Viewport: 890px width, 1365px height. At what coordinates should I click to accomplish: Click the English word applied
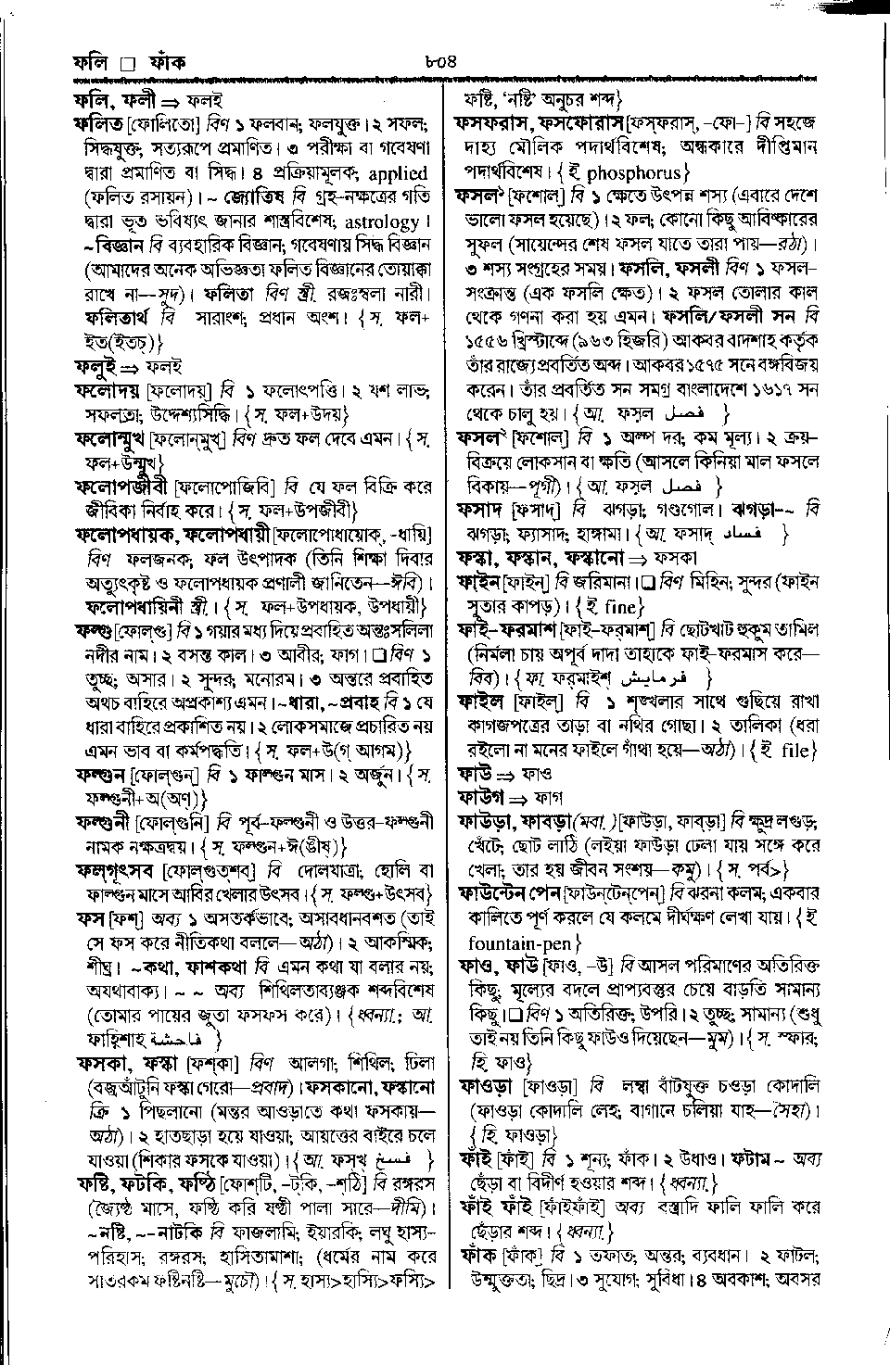coord(398,173)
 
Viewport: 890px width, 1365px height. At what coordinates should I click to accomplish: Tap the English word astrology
coord(382,222)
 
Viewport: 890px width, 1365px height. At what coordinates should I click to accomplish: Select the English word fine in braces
coord(634,607)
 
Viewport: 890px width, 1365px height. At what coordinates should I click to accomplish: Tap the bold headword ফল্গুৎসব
coord(117,870)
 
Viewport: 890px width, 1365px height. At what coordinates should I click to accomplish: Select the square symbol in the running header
coord(128,65)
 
